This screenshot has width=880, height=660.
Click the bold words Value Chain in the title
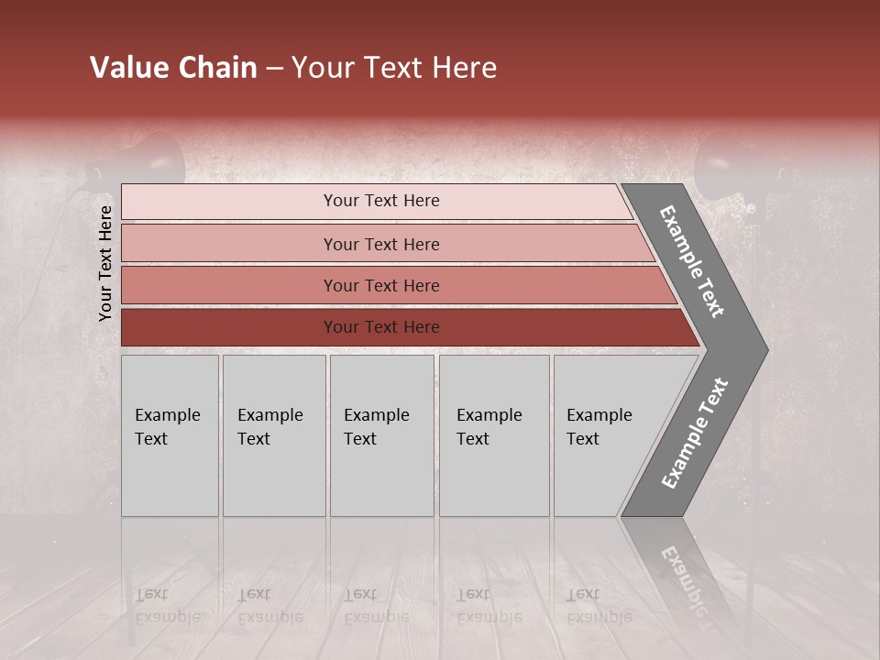pyautogui.click(x=173, y=68)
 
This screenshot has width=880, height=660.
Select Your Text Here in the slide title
pyautogui.click(x=394, y=68)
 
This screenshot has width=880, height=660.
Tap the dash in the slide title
pyautogui.click(x=274, y=69)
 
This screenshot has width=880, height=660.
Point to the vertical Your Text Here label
pyautogui.click(x=105, y=263)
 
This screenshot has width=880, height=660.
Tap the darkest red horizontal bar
pyautogui.click(x=229, y=327)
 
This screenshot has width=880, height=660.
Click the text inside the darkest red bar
pyautogui.click(x=381, y=327)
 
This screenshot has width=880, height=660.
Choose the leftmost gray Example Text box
pyautogui.click(x=170, y=435)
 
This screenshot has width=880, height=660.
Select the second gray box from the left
pyautogui.click(x=274, y=435)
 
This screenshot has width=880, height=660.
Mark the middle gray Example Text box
pyautogui.click(x=381, y=435)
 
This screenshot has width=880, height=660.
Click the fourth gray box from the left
pyautogui.click(x=494, y=435)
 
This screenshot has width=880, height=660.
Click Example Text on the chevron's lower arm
pyautogui.click(x=695, y=434)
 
